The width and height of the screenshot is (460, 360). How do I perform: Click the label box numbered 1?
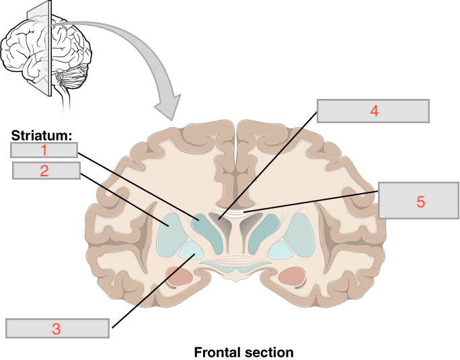coord(44,149)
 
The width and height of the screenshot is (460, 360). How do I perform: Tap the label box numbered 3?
coord(57,328)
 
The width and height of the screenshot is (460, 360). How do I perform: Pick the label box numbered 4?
coord(373,111)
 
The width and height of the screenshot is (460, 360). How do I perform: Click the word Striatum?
coord(41,135)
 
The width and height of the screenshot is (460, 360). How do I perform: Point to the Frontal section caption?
coord(243,352)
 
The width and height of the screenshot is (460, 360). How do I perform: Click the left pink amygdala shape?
coord(178,275)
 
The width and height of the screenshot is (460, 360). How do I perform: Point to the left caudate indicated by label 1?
coord(203,226)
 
